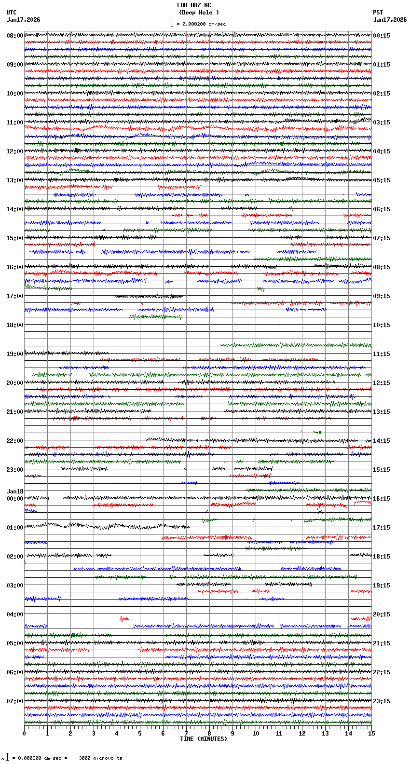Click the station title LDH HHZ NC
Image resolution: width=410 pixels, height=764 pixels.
(x=194, y=5)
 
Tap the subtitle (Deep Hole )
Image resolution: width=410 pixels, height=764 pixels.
(x=199, y=13)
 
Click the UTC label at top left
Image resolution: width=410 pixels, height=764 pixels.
(x=12, y=13)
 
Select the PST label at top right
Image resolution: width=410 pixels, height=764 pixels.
(x=378, y=13)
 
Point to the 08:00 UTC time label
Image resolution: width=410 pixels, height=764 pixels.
(x=14, y=36)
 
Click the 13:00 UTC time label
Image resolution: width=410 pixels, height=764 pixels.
(x=14, y=180)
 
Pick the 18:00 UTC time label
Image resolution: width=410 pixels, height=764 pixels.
(x=14, y=325)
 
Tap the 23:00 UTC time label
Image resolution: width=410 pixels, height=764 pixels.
(x=14, y=470)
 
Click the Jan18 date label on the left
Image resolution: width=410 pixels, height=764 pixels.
(x=15, y=491)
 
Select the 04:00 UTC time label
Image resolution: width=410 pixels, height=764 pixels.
(x=14, y=614)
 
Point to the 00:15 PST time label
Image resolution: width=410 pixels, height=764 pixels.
(x=382, y=36)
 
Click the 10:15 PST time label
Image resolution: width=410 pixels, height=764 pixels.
(x=382, y=325)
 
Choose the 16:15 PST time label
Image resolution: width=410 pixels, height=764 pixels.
(x=382, y=499)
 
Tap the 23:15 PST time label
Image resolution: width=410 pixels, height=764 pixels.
(x=382, y=701)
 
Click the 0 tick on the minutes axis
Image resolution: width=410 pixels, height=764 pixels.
(x=24, y=734)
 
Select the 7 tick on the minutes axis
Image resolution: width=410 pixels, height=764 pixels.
(x=186, y=734)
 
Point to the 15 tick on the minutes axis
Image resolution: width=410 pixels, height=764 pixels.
(x=371, y=734)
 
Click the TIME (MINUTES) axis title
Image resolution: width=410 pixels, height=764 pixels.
(x=204, y=739)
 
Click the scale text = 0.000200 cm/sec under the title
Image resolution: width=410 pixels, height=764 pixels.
(x=202, y=24)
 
